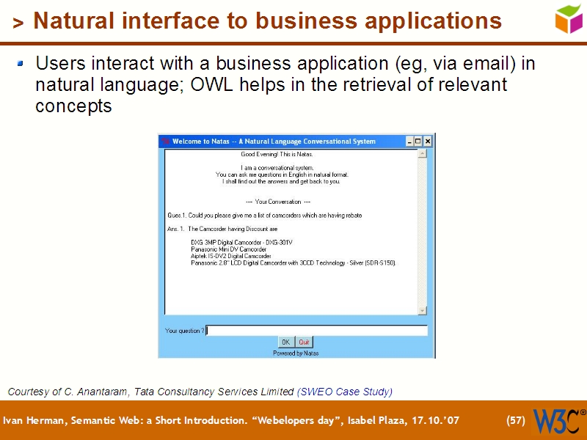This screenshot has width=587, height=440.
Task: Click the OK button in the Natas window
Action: point(285,342)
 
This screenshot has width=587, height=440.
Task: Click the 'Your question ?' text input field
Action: point(316,331)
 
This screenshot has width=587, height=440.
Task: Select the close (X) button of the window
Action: point(428,142)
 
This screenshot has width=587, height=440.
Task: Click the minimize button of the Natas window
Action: point(409,142)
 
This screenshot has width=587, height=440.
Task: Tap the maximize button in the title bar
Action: point(418,142)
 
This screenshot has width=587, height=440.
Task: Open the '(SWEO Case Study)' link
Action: point(345,392)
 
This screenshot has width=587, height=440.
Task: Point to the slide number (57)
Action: point(516,420)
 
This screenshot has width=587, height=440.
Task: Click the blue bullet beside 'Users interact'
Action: point(21,64)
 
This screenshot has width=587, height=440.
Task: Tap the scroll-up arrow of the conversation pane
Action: point(422,154)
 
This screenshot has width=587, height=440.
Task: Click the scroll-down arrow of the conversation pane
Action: point(422,310)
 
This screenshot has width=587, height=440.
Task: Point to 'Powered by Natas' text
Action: point(296,353)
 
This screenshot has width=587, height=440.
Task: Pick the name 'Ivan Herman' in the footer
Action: point(27,420)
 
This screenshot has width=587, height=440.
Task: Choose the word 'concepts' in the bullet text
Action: point(73,106)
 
